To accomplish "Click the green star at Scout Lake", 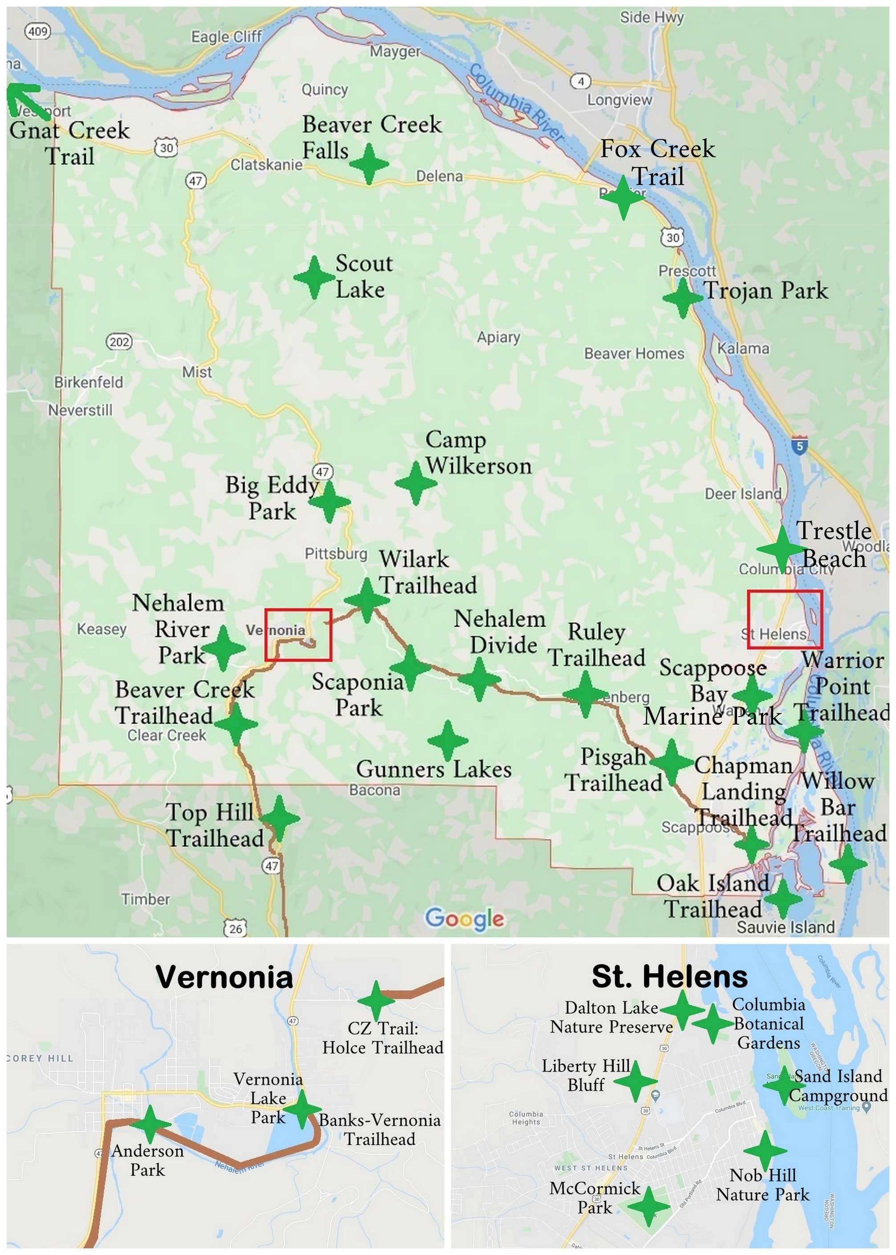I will click(x=314, y=277).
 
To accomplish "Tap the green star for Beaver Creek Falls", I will click(x=369, y=164).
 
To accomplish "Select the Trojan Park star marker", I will click(x=683, y=298).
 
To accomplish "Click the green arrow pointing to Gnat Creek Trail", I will click(x=25, y=98).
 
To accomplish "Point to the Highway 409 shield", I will click(x=38, y=32).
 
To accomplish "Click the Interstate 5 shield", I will click(x=799, y=446).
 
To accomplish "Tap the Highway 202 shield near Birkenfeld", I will click(x=119, y=342).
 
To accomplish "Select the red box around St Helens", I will click(x=785, y=619).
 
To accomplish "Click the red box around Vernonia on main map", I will click(x=298, y=634).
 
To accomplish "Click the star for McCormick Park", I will click(x=649, y=1206).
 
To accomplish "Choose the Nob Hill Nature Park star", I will click(x=765, y=1151).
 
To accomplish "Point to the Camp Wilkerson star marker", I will click(x=415, y=483).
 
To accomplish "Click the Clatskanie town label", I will click(x=266, y=164).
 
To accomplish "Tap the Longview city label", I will click(x=619, y=100).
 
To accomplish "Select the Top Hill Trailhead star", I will click(x=279, y=818).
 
